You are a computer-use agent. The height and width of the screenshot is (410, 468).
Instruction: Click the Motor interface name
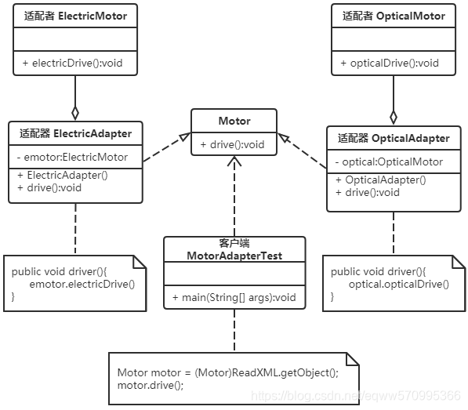coord(234,121)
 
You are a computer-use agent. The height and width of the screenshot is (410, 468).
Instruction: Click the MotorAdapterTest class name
coord(234,256)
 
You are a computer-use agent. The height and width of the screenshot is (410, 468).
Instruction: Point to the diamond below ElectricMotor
coord(75,113)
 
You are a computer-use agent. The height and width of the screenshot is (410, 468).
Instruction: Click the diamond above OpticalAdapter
coord(394,118)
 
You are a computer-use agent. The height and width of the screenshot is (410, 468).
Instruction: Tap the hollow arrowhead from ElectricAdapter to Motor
coord(185,136)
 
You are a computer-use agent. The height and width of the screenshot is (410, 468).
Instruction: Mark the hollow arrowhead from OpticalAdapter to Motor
coord(284,137)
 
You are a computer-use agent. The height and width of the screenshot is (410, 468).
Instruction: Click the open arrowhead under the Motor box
coord(234,161)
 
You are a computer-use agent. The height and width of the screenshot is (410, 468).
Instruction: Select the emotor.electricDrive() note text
coord(82,284)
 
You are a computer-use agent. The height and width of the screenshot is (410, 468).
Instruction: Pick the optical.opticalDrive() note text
coord(399,284)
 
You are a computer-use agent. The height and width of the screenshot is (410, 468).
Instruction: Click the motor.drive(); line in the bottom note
coord(151,385)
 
